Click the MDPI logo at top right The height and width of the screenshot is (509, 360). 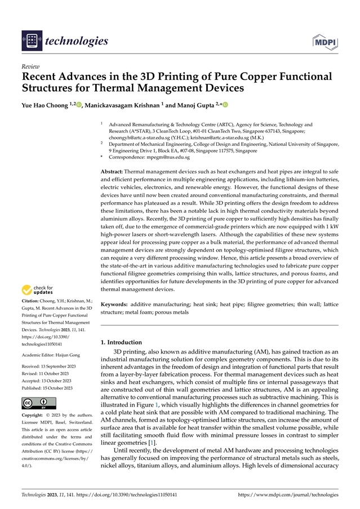325,41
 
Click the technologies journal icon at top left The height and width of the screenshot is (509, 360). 31,41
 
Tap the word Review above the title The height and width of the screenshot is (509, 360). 28,66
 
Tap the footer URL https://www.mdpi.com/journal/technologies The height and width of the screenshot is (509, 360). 288,494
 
